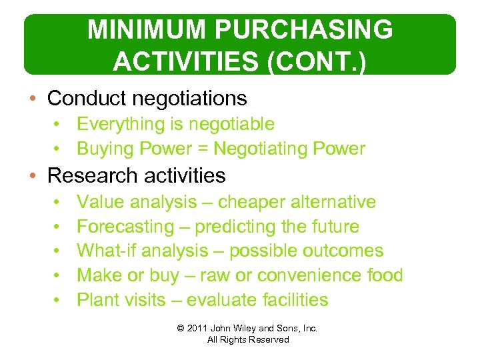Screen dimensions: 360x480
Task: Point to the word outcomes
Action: [x=343, y=251]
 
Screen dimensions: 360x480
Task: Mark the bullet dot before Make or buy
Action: [x=58, y=275]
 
